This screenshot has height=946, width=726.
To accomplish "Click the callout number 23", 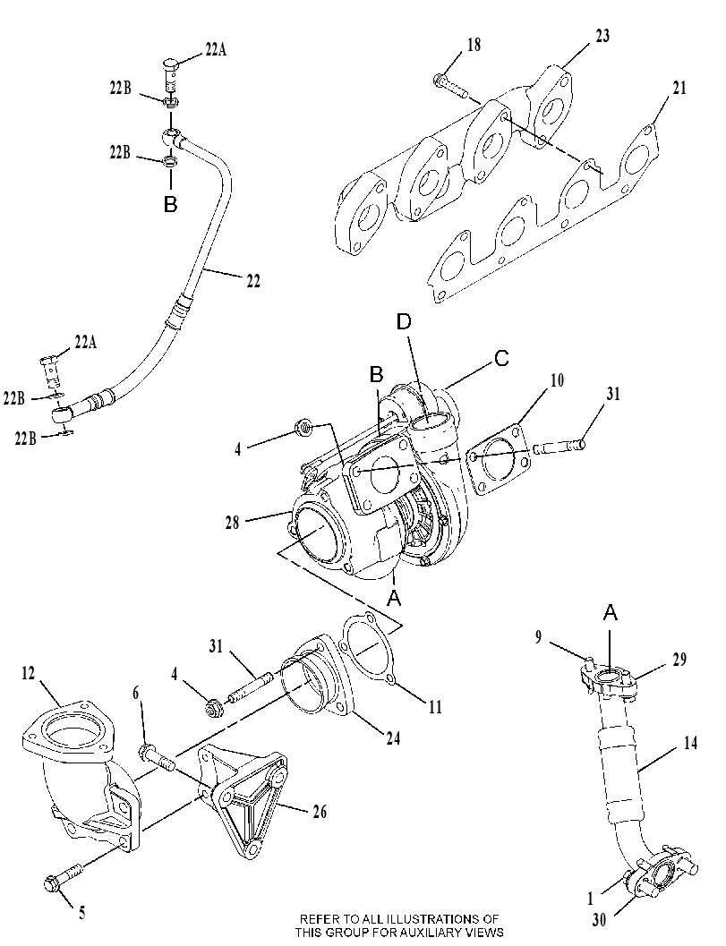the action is (x=602, y=36).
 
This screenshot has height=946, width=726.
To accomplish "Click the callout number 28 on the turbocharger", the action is (x=233, y=523).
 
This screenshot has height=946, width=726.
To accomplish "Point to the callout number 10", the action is (x=557, y=380).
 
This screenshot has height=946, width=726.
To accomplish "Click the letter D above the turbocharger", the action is (x=404, y=322).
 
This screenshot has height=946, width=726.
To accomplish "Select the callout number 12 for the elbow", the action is (x=29, y=673).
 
